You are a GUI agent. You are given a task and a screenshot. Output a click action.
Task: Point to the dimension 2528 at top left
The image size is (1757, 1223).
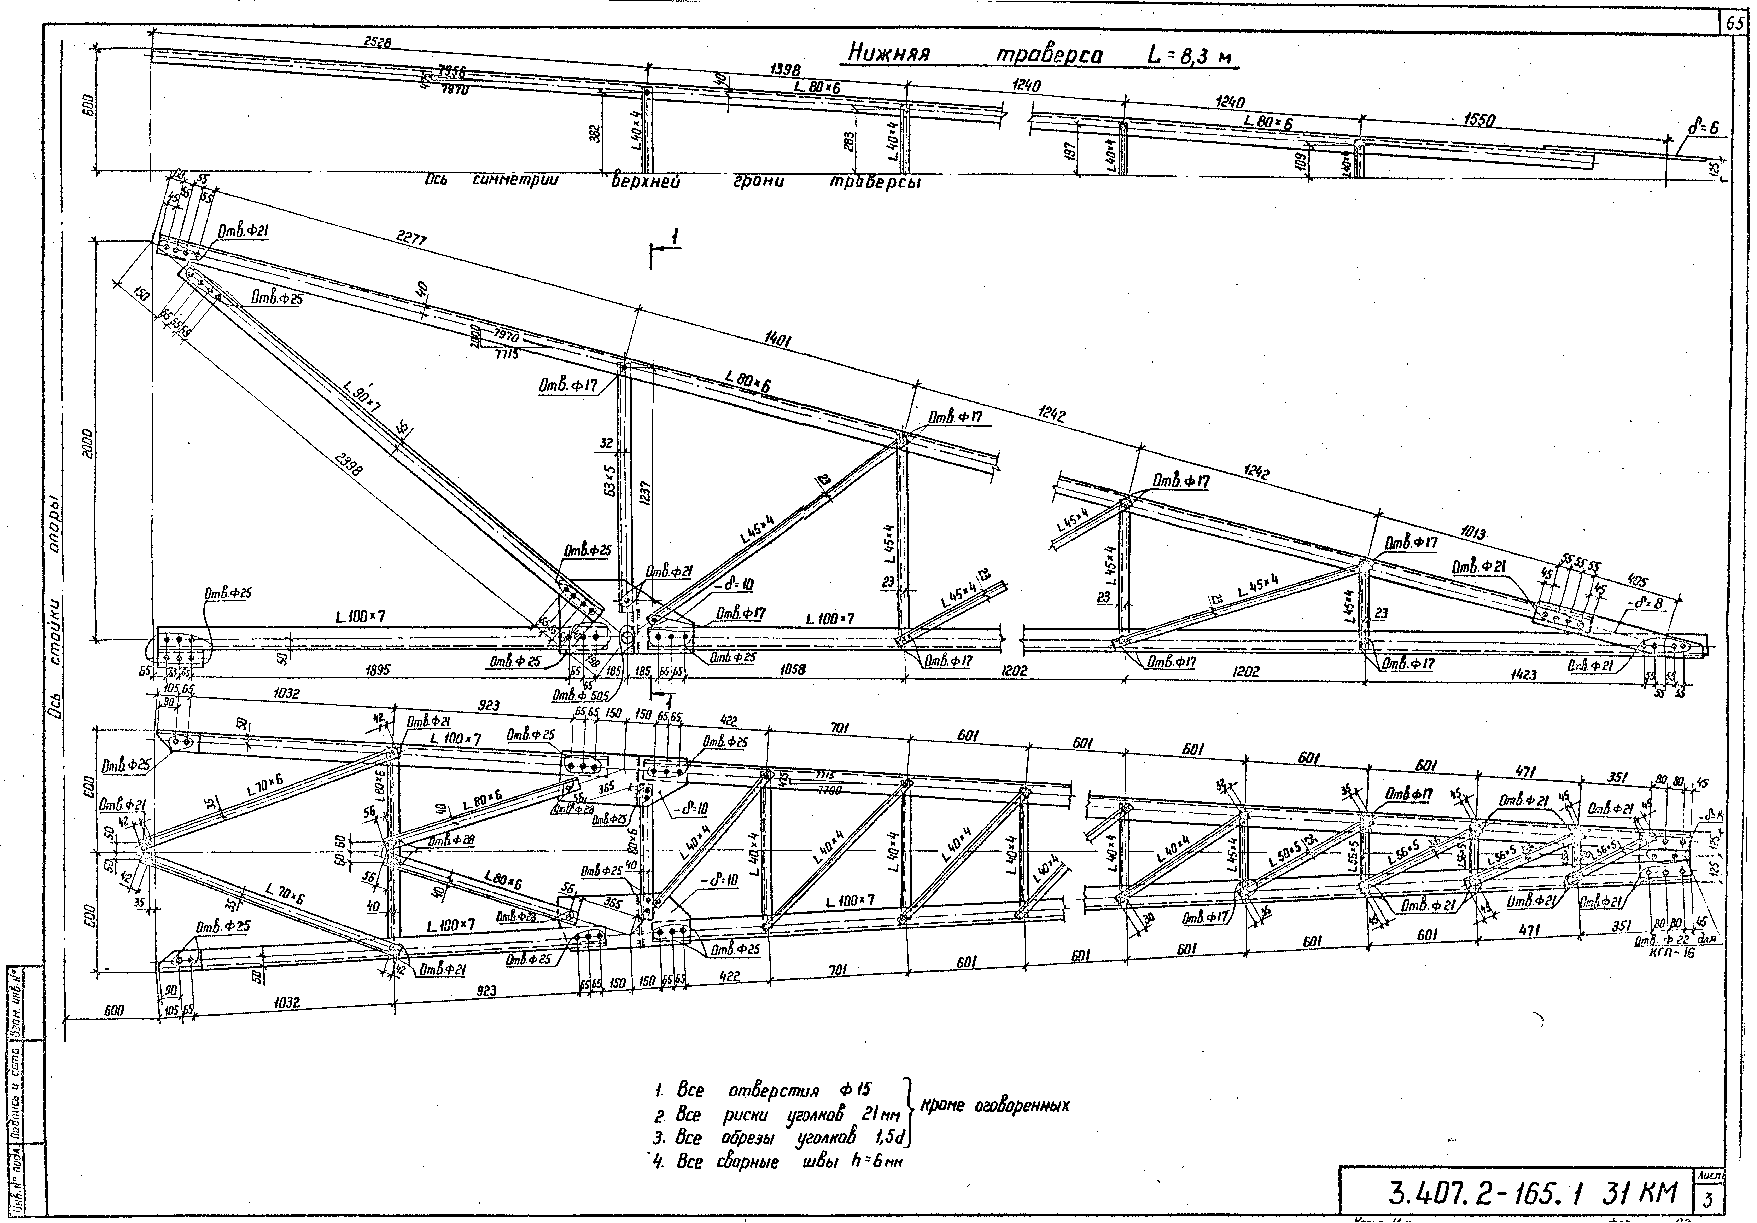pos(377,43)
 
